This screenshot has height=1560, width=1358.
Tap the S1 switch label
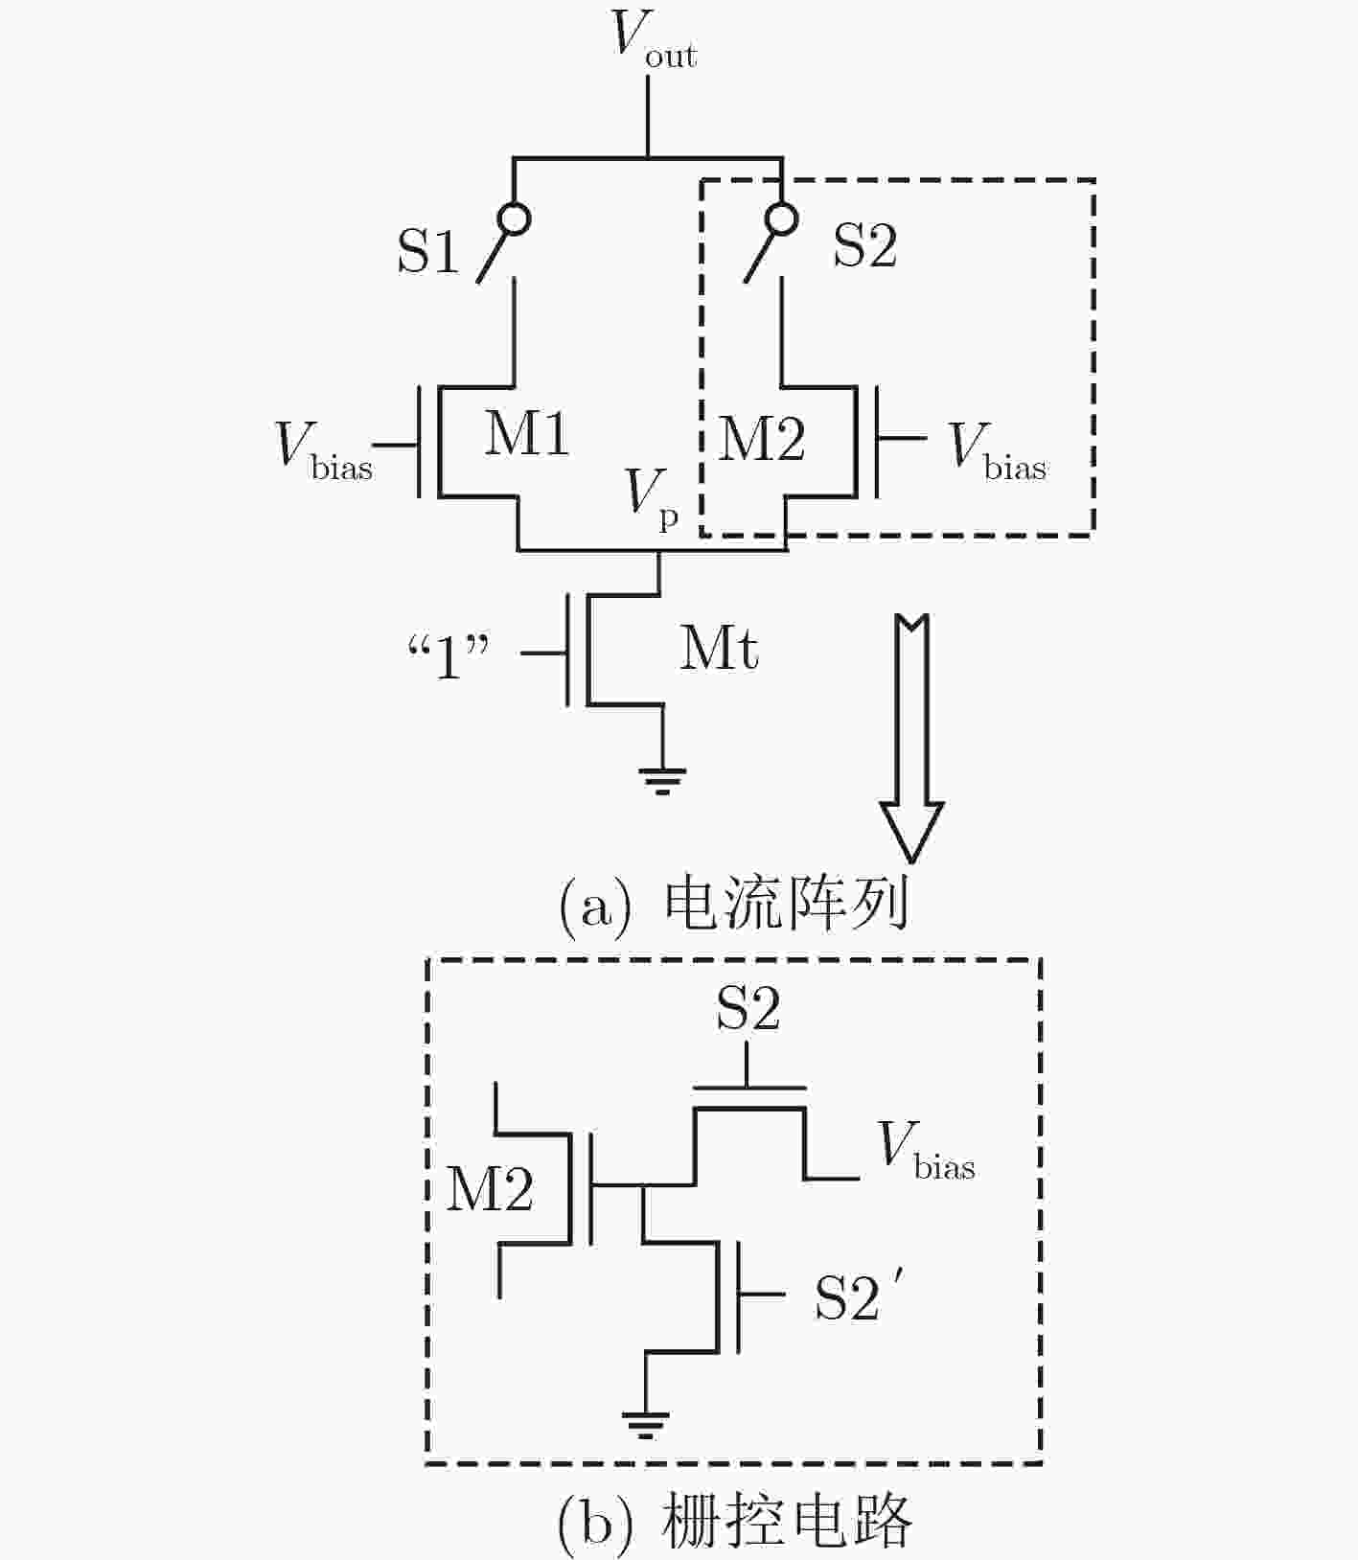428,251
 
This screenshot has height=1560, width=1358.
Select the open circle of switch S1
515,219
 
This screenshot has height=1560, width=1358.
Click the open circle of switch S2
783,219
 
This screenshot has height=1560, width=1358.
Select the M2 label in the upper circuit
762,438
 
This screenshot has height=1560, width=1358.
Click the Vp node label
653,498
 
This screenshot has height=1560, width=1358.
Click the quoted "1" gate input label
449,658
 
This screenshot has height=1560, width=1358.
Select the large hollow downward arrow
911,738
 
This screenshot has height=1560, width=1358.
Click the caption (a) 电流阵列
733,904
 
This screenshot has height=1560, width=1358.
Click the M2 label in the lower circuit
491,1189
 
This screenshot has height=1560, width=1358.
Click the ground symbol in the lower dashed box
645,1425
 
